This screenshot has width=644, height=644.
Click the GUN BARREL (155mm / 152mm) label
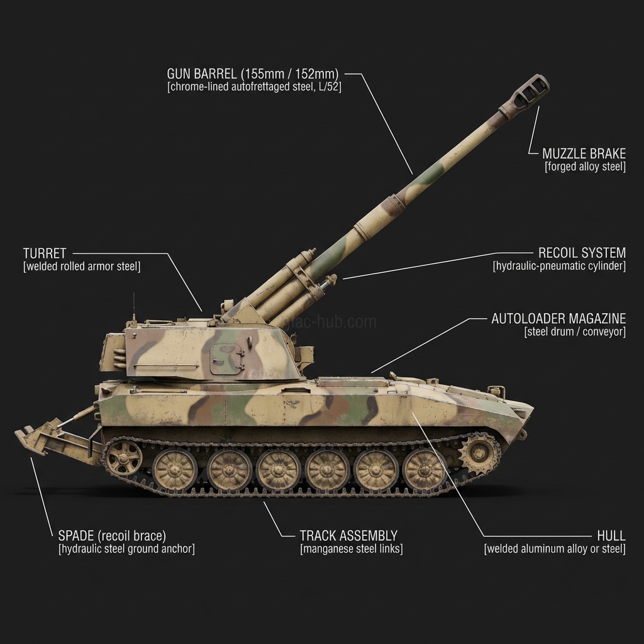[x=254, y=74]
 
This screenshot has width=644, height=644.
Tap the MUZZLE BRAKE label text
[x=584, y=153]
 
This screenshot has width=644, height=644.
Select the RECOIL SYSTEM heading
[x=582, y=253]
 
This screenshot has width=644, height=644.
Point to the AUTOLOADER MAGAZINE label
[x=558, y=318]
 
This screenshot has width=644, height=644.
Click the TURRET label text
[x=45, y=253]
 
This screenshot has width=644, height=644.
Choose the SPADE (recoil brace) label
[x=112, y=536]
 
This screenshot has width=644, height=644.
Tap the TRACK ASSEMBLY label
[x=348, y=536]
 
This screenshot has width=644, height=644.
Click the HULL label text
[x=611, y=536]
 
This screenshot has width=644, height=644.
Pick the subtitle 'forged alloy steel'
[x=585, y=167]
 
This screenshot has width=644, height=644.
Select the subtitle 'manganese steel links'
[x=352, y=549]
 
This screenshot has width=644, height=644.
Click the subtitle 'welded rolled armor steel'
[x=82, y=267]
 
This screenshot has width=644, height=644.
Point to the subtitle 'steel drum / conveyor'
[x=575, y=332]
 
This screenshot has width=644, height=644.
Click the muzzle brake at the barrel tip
[x=527, y=92]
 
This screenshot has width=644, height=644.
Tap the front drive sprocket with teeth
[x=480, y=452]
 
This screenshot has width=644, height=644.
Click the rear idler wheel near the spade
[x=124, y=457]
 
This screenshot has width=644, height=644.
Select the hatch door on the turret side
[x=225, y=360]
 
